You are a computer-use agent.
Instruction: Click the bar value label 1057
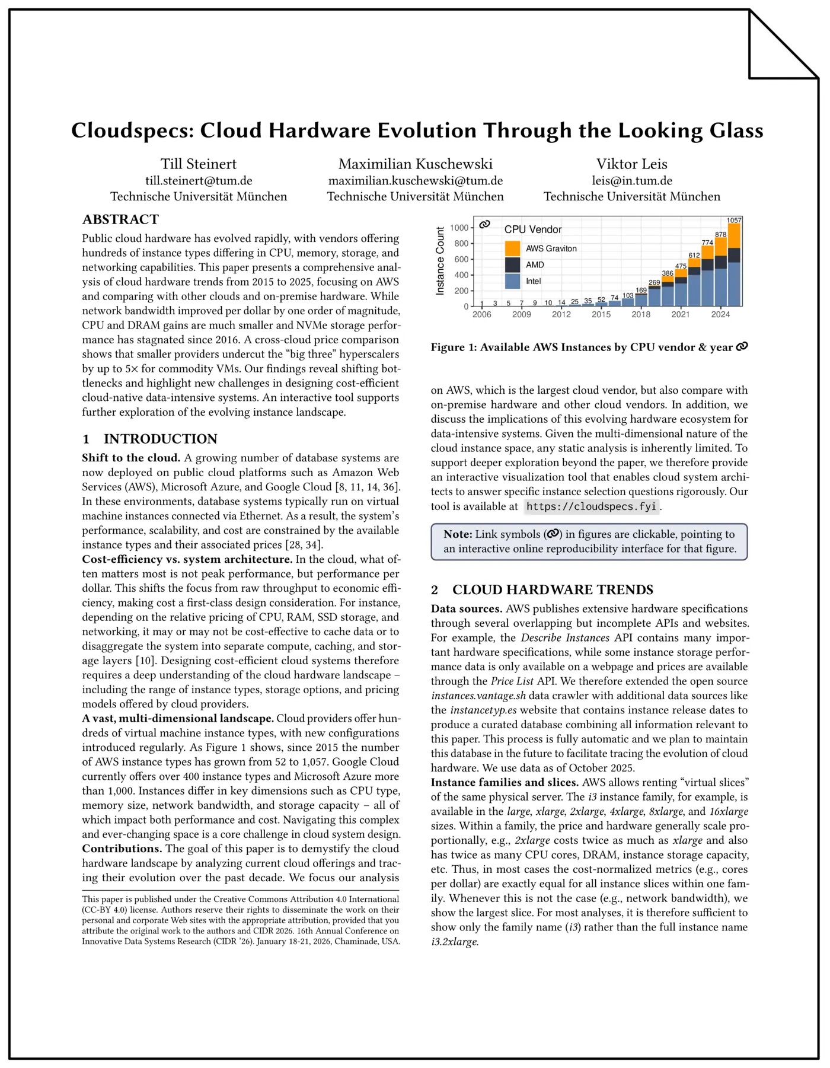click(734, 220)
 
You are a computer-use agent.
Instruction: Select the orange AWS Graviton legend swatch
click(513, 248)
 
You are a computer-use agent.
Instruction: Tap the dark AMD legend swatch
click(513, 264)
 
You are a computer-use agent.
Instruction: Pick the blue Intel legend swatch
click(513, 281)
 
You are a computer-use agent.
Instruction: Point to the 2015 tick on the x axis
click(601, 314)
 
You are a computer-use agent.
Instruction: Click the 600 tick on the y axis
click(461, 259)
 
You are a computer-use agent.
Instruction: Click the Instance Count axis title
click(440, 261)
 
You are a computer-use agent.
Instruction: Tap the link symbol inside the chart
click(485, 224)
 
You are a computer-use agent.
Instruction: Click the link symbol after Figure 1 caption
click(742, 347)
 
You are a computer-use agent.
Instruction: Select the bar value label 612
click(694, 255)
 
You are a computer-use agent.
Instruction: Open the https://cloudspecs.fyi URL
click(591, 506)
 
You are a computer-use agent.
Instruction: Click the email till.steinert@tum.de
click(199, 181)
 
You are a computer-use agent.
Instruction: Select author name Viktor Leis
click(631, 164)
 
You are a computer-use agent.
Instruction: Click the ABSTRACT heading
click(120, 219)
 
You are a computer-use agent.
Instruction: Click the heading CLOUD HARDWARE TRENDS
click(553, 589)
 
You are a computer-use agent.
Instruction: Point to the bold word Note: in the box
click(458, 534)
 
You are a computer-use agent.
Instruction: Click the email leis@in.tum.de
click(631, 181)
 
